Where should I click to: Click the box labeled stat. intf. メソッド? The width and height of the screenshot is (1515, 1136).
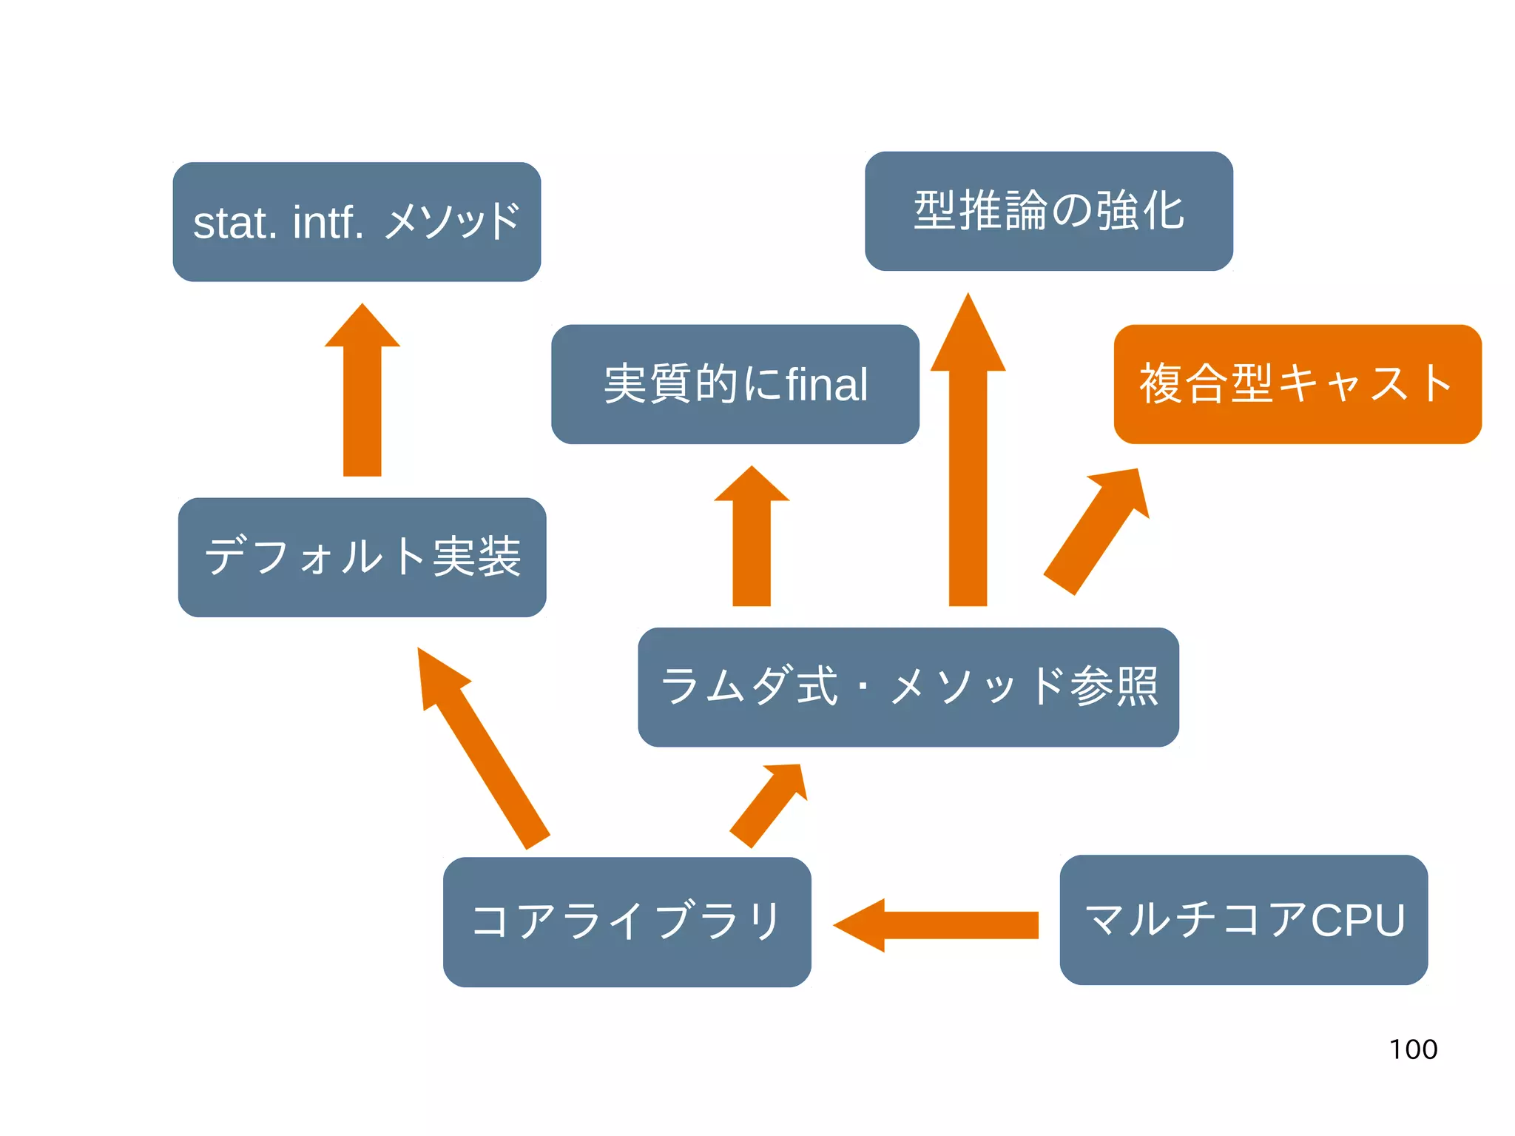pyautogui.click(x=357, y=222)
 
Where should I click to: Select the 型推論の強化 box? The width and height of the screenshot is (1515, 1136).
pyautogui.click(x=1048, y=211)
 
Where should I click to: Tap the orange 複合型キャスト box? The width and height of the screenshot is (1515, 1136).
pyautogui.click(x=1297, y=383)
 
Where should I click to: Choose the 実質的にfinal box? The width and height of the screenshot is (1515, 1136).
pyautogui.click(x=735, y=383)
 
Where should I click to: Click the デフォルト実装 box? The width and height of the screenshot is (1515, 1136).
pyautogui.click(x=362, y=557)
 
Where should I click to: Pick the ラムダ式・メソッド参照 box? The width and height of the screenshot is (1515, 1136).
pyautogui.click(x=908, y=687)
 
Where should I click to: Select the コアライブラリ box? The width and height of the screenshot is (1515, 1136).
pyautogui.click(x=627, y=921)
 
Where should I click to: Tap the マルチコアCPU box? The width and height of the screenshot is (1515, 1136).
pyautogui.click(x=1243, y=919)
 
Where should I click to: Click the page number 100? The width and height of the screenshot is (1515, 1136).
pyautogui.click(x=1413, y=1049)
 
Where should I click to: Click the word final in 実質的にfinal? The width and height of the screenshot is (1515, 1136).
pyautogui.click(x=826, y=385)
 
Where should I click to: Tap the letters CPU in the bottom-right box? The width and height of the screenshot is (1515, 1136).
pyautogui.click(x=1357, y=920)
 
